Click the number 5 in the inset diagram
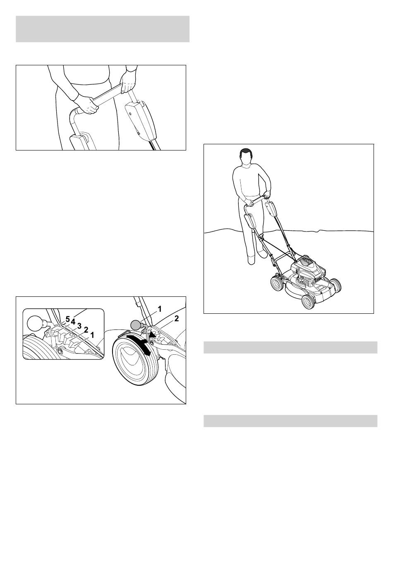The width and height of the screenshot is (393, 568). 67,320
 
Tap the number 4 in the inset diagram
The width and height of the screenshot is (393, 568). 73,322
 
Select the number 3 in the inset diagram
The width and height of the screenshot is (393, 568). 79,326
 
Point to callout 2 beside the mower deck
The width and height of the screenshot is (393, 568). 176,318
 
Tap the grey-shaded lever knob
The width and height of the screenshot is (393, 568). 135,325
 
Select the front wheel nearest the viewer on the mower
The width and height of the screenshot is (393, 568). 308,301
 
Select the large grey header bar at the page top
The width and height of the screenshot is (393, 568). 103,29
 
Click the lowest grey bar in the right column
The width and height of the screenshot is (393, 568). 290,421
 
